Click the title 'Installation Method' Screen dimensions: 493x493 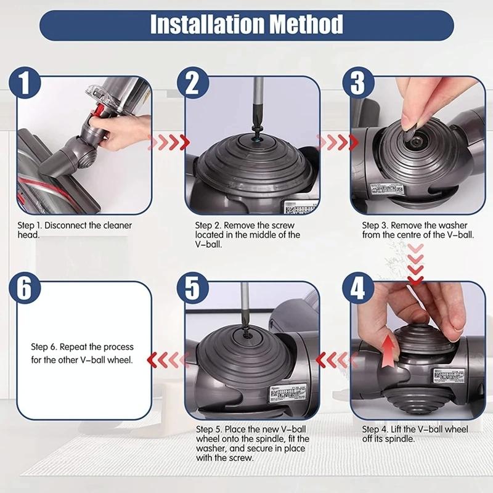coord(246,25)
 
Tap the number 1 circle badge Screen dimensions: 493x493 coord(25,83)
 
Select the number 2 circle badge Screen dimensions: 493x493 coord(192,83)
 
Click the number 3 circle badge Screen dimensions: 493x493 coord(358,83)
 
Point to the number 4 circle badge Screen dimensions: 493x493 coord(358,288)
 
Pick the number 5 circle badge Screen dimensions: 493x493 coord(192,288)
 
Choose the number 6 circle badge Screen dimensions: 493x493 coord(25,288)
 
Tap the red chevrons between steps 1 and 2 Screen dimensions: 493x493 coord(171,143)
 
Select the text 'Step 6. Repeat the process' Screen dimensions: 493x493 coord(83,347)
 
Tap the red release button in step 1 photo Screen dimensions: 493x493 coord(99,112)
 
